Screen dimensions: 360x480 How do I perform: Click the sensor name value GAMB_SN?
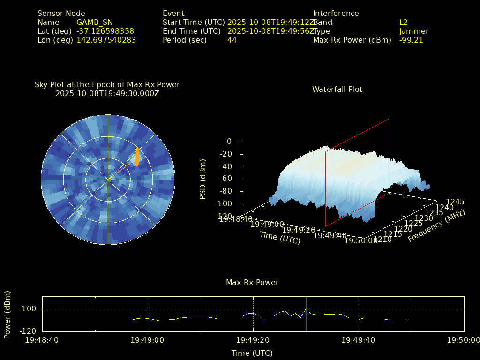[x=94, y=22]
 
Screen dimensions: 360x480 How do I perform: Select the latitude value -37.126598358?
[x=105, y=31]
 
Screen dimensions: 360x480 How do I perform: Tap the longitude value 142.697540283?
[x=106, y=40]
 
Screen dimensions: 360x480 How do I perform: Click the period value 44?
[x=232, y=40]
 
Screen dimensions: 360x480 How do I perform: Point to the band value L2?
[x=404, y=22]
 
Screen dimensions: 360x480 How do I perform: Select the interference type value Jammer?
[x=414, y=31]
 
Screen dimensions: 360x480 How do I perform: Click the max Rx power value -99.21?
[x=411, y=40]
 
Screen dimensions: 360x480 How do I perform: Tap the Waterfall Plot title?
[x=337, y=90]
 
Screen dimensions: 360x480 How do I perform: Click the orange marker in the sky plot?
[x=137, y=157]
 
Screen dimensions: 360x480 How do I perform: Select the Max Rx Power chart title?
[x=252, y=283]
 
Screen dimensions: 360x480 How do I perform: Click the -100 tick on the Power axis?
[x=30, y=309]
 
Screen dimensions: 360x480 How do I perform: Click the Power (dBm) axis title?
[x=7, y=315]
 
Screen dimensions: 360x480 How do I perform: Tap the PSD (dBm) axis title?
[x=203, y=179]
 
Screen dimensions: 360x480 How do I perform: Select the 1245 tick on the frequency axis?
[x=455, y=202]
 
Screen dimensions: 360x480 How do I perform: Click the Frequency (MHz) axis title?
[x=436, y=226]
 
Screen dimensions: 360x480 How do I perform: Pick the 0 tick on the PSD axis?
[x=229, y=142]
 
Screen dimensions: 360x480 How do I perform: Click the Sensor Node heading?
[x=61, y=14]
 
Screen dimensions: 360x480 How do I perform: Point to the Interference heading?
[x=336, y=14]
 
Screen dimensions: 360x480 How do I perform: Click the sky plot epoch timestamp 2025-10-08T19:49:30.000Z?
[x=107, y=94]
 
